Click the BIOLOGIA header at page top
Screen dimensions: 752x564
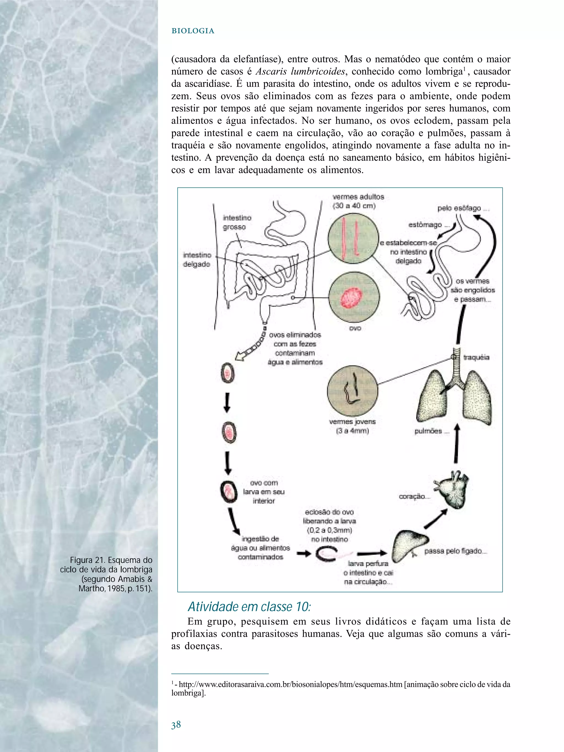coord(193,31)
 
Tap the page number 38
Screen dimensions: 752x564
coord(176,725)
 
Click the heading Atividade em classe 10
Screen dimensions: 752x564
coord(249,606)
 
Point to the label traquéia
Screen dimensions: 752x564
coord(476,357)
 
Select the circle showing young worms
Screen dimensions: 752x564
coord(352,391)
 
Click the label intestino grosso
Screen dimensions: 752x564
coord(237,222)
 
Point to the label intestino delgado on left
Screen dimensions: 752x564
coord(197,259)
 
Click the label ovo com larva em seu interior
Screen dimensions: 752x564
coord(264,492)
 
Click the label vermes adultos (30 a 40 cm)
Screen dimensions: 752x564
coord(358,201)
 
